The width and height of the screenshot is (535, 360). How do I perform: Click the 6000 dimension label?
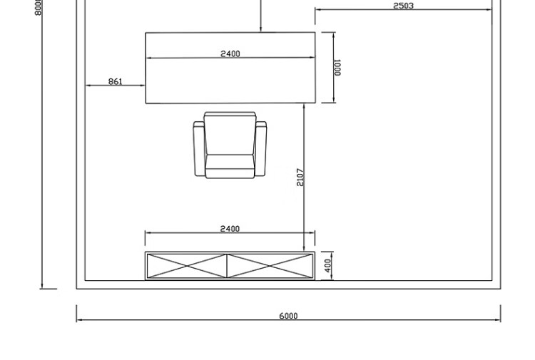coord(288,316)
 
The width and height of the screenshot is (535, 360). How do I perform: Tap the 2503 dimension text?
coord(403,6)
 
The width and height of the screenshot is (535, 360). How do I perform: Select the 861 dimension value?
coord(115,81)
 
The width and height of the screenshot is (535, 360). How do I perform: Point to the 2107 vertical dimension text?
coord(300,177)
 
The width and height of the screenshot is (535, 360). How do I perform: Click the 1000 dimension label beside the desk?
coord(337,68)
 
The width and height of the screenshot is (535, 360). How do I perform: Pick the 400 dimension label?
coord(327,266)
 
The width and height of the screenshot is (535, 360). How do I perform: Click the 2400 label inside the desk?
coord(230,54)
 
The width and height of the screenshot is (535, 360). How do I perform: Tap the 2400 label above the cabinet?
coord(230,229)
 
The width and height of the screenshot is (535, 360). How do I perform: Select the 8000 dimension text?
coord(38,7)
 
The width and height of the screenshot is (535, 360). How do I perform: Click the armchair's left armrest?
coord(199,149)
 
